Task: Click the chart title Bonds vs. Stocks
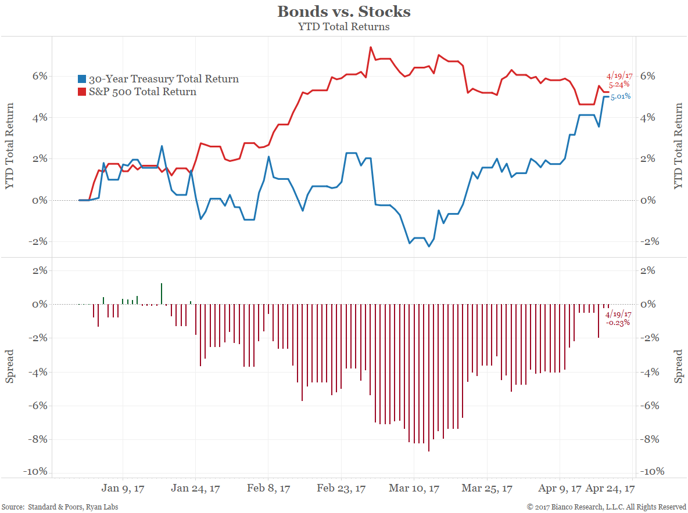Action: pyautogui.click(x=343, y=12)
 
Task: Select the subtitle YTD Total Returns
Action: pyautogui.click(x=343, y=26)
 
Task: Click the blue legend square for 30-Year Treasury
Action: pyautogui.click(x=83, y=79)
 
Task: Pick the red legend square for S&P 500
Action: pyautogui.click(x=83, y=92)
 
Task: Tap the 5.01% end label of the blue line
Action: pyautogui.click(x=621, y=96)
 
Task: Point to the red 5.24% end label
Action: pyautogui.click(x=619, y=85)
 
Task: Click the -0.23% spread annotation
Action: pyautogui.click(x=618, y=323)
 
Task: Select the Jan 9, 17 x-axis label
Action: pyautogui.click(x=123, y=489)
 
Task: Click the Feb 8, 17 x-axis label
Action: pyautogui.click(x=268, y=489)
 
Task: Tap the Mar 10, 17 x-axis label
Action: pyautogui.click(x=414, y=489)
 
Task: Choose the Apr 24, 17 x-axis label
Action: pyautogui.click(x=610, y=489)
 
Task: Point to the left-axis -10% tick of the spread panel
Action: pyautogui.click(x=35, y=472)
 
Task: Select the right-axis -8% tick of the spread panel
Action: pyautogui.click(x=651, y=439)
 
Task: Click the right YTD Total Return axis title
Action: pyautogui.click(x=678, y=146)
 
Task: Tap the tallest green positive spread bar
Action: pyautogui.click(x=162, y=294)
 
